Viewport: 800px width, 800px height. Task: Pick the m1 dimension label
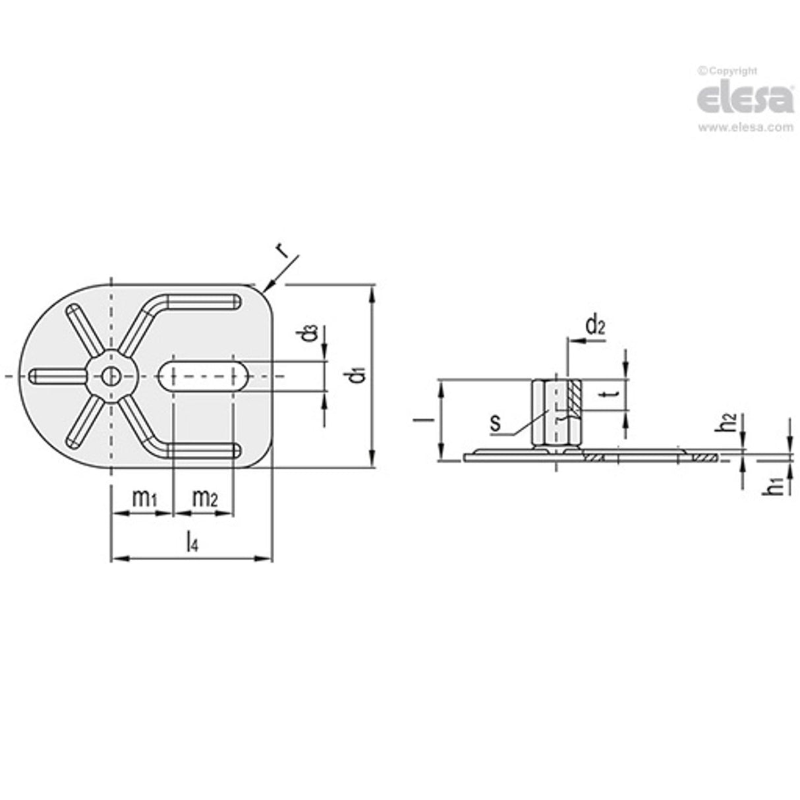click(144, 499)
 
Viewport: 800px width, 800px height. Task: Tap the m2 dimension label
click(204, 499)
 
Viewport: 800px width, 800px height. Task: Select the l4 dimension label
click(192, 542)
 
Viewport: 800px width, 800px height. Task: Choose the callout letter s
click(496, 423)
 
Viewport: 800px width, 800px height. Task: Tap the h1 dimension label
click(778, 485)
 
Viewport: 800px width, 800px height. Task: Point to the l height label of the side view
click(426, 418)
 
